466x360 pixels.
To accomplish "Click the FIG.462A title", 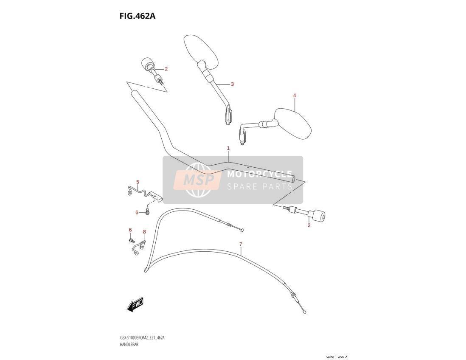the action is (x=138, y=16).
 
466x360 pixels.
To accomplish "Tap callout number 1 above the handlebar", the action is (x=228, y=148).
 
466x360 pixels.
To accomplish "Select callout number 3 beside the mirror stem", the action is (x=233, y=84).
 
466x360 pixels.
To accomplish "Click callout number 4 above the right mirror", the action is (x=295, y=96).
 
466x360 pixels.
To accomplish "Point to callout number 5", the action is (x=138, y=182).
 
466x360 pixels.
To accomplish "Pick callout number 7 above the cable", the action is (x=241, y=245).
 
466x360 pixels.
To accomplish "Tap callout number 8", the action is (x=144, y=231).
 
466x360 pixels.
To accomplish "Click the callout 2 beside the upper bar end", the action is (x=166, y=69).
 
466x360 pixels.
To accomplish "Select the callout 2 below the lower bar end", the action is (x=309, y=225).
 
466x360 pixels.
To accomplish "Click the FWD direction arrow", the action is (x=135, y=304).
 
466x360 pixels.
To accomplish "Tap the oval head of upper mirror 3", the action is (x=201, y=51).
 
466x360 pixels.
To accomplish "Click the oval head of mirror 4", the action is (x=293, y=123).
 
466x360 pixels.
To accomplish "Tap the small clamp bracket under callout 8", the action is (x=139, y=247).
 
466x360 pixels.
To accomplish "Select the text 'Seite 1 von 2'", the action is (x=336, y=357).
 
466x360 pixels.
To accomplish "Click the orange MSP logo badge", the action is (x=198, y=180).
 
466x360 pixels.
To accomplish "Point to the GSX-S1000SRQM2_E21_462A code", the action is (x=142, y=338).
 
